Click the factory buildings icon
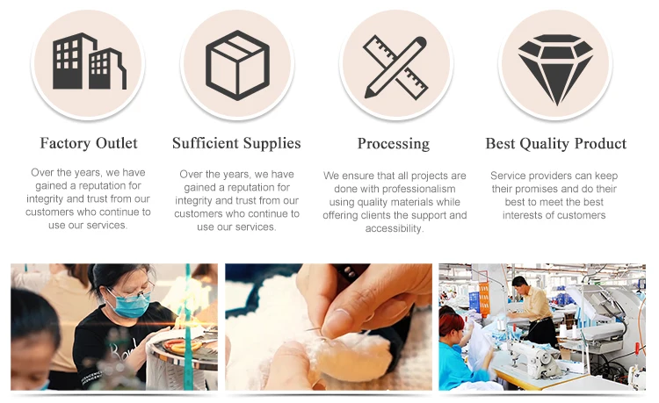click(x=89, y=61)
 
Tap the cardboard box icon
click(x=237, y=65)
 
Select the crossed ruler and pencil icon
click(x=395, y=67)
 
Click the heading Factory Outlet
click(x=89, y=143)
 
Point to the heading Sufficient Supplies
click(x=236, y=143)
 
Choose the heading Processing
click(x=394, y=144)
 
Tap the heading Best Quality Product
click(x=556, y=144)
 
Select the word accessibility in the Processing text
click(x=395, y=228)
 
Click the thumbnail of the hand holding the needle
click(x=329, y=327)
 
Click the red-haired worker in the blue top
click(x=458, y=349)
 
